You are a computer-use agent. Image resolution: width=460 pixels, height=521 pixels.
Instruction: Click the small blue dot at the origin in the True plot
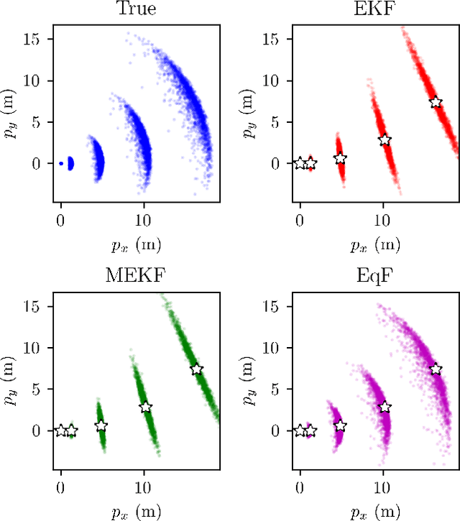pos(61,163)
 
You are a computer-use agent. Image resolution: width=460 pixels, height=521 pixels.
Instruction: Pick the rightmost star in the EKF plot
pos(436,102)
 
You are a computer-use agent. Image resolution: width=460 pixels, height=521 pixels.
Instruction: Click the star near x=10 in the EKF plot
pos(385,140)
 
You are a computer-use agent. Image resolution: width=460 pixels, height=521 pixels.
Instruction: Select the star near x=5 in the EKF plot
pos(340,158)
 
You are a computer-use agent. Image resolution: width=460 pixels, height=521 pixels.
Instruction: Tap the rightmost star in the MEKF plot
pos(197,369)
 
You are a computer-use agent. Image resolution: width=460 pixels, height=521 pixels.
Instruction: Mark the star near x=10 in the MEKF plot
pos(145,407)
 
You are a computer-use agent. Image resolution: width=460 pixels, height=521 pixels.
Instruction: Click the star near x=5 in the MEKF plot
pos(101,425)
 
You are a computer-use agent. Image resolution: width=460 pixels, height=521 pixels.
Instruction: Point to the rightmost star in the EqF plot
pos(436,369)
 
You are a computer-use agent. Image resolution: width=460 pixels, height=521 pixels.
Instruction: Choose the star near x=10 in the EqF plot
pos(385,407)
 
